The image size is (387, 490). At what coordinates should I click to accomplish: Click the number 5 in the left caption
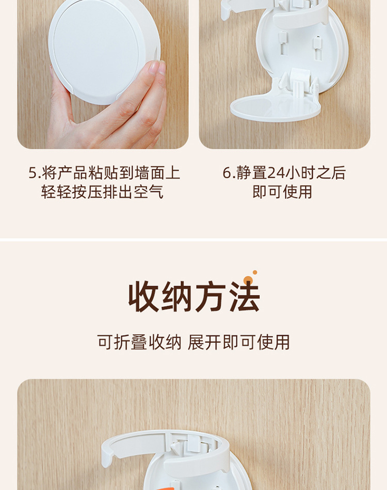[32, 173]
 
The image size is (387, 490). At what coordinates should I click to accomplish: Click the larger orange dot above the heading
[248, 280]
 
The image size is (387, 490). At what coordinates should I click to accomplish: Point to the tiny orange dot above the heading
[255, 272]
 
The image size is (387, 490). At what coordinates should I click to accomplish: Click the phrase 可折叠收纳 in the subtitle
[139, 342]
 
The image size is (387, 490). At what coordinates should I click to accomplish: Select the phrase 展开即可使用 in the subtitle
[239, 342]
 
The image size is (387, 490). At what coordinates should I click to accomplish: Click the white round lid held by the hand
[101, 49]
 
